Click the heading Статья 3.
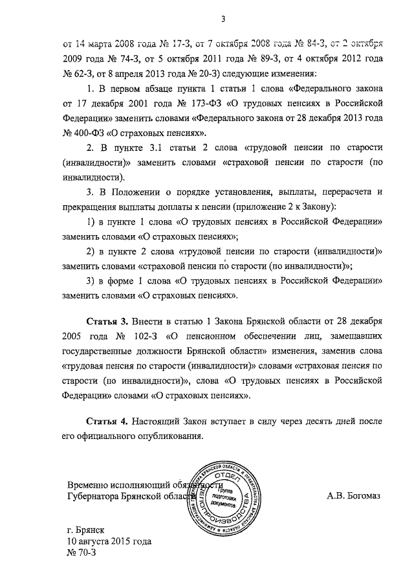tap(107, 321)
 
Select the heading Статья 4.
tap(107, 421)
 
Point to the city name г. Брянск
tap(88, 529)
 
